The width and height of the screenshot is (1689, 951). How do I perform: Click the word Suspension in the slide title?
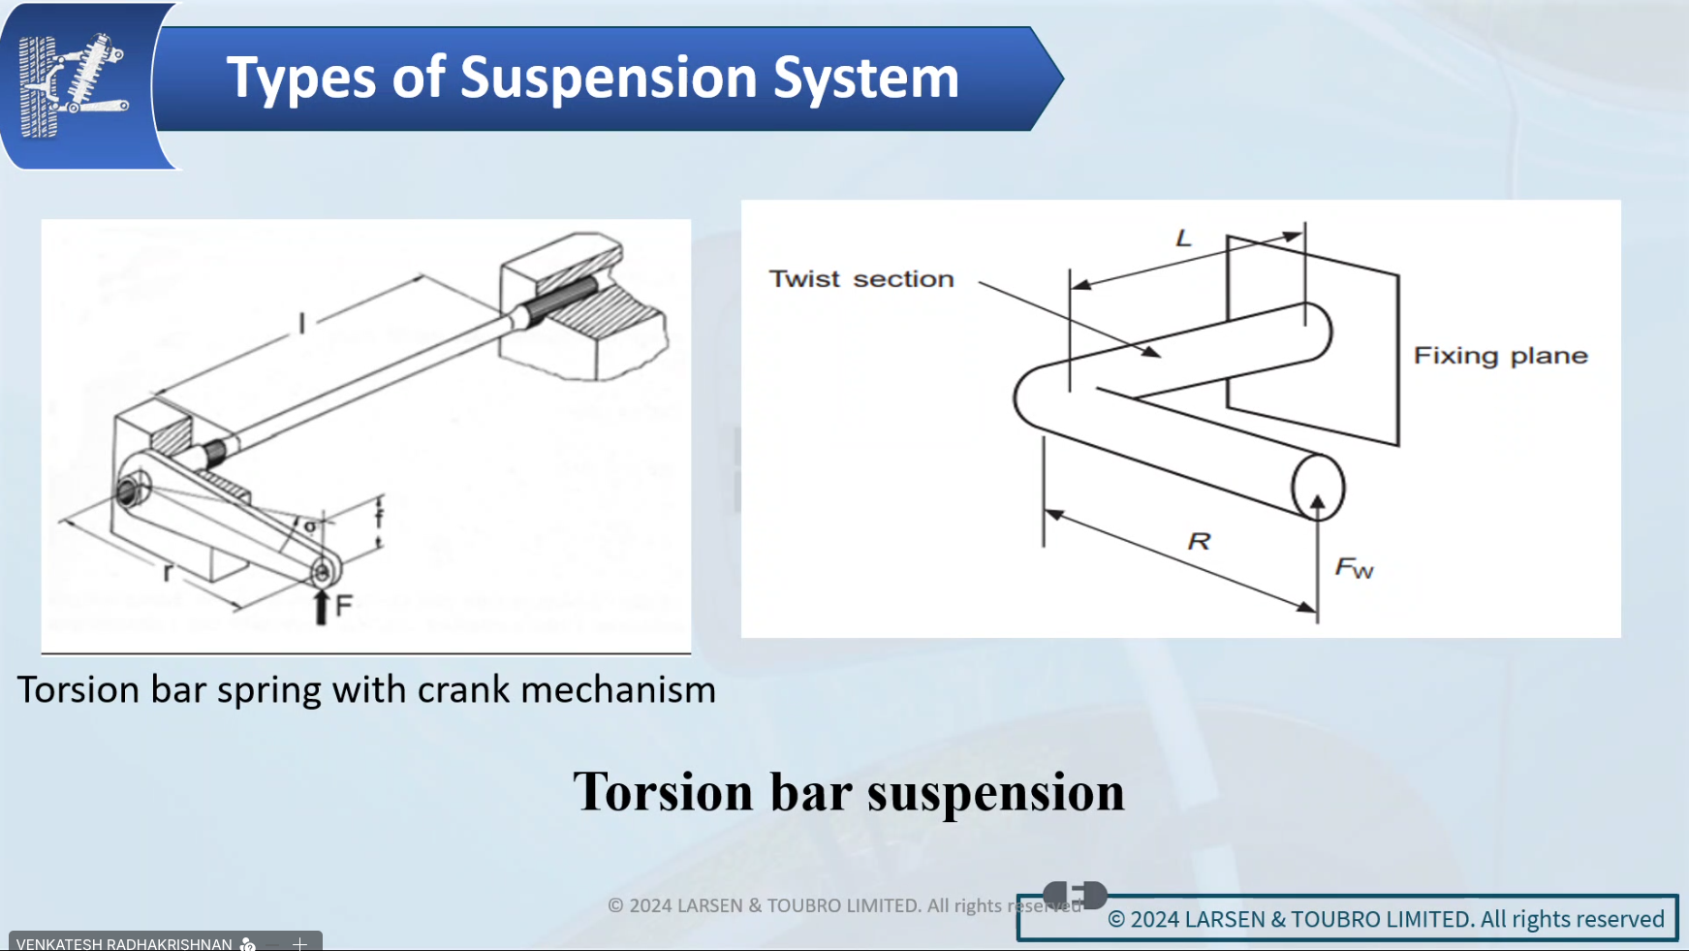(x=608, y=78)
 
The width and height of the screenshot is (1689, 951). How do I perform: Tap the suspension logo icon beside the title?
(x=73, y=84)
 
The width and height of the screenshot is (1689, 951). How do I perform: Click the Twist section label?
(x=860, y=279)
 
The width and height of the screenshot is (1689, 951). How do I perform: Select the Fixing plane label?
(x=1500, y=356)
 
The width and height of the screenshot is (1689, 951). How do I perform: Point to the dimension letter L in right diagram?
(x=1183, y=238)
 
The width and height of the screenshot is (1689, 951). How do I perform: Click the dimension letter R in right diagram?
(x=1200, y=541)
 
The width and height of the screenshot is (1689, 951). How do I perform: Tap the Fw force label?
(x=1354, y=568)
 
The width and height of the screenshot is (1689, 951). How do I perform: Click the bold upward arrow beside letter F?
(x=322, y=607)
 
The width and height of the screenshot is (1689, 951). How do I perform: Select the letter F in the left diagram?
(x=344, y=606)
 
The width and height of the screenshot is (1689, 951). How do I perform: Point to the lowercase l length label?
(x=302, y=323)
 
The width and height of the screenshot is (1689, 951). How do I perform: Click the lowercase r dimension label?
(x=168, y=572)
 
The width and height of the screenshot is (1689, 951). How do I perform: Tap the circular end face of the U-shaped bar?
(x=1318, y=487)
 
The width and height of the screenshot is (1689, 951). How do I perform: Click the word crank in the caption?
(x=462, y=690)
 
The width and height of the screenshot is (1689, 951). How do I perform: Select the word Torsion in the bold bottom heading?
(x=663, y=792)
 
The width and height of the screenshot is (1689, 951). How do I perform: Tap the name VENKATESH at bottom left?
(x=59, y=943)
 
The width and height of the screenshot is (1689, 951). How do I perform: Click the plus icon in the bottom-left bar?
(x=300, y=943)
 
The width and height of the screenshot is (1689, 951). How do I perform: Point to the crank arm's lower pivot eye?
(x=322, y=572)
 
